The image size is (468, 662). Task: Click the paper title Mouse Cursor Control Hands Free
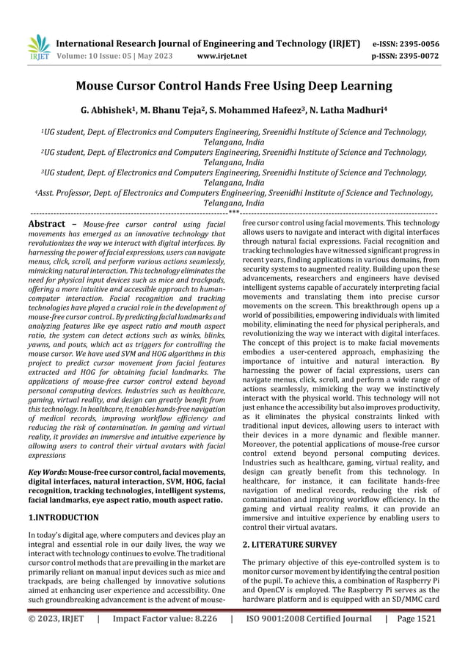234,87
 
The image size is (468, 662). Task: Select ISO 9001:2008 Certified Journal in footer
308,640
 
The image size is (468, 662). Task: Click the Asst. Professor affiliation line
234,192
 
